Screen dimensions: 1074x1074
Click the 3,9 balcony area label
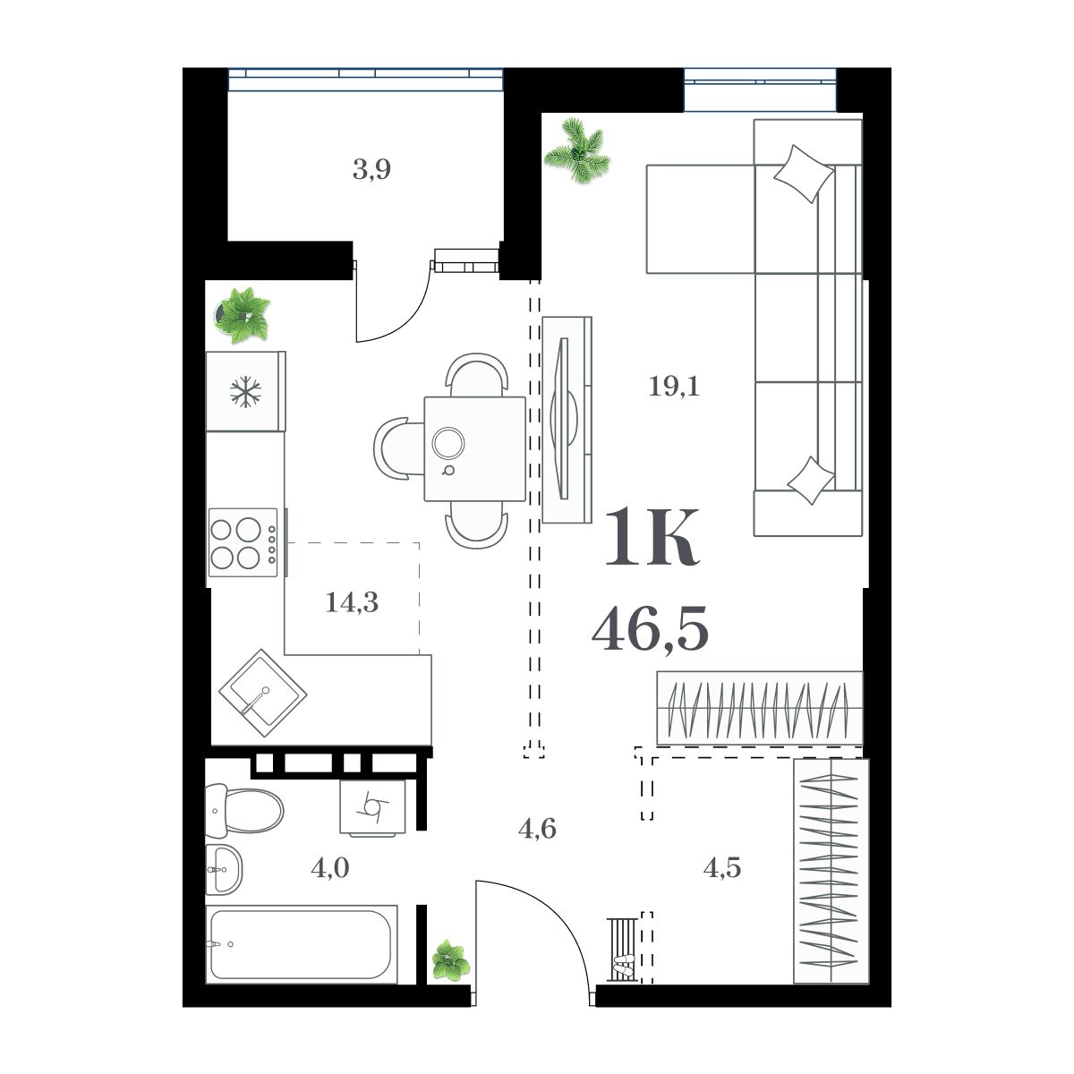pos(371,169)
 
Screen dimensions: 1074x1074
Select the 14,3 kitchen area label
pos(352,602)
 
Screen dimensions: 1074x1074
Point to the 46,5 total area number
pos(650,627)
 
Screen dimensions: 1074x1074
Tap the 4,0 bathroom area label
pos(329,867)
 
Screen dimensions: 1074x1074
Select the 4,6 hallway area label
pos(537,829)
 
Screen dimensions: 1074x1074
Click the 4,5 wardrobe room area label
pos(721,867)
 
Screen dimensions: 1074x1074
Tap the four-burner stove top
pos(243,543)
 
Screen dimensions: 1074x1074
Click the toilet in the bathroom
pos(243,808)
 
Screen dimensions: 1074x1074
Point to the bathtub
pos(301,944)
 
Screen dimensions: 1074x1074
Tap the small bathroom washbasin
pos(223,868)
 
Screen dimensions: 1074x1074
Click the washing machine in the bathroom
pos(372,807)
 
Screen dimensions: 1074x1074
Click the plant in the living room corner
pos(578,154)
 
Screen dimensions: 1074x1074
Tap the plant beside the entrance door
pos(450,961)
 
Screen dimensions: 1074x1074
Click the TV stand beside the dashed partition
pos(567,419)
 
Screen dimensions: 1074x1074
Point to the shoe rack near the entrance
pos(624,949)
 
